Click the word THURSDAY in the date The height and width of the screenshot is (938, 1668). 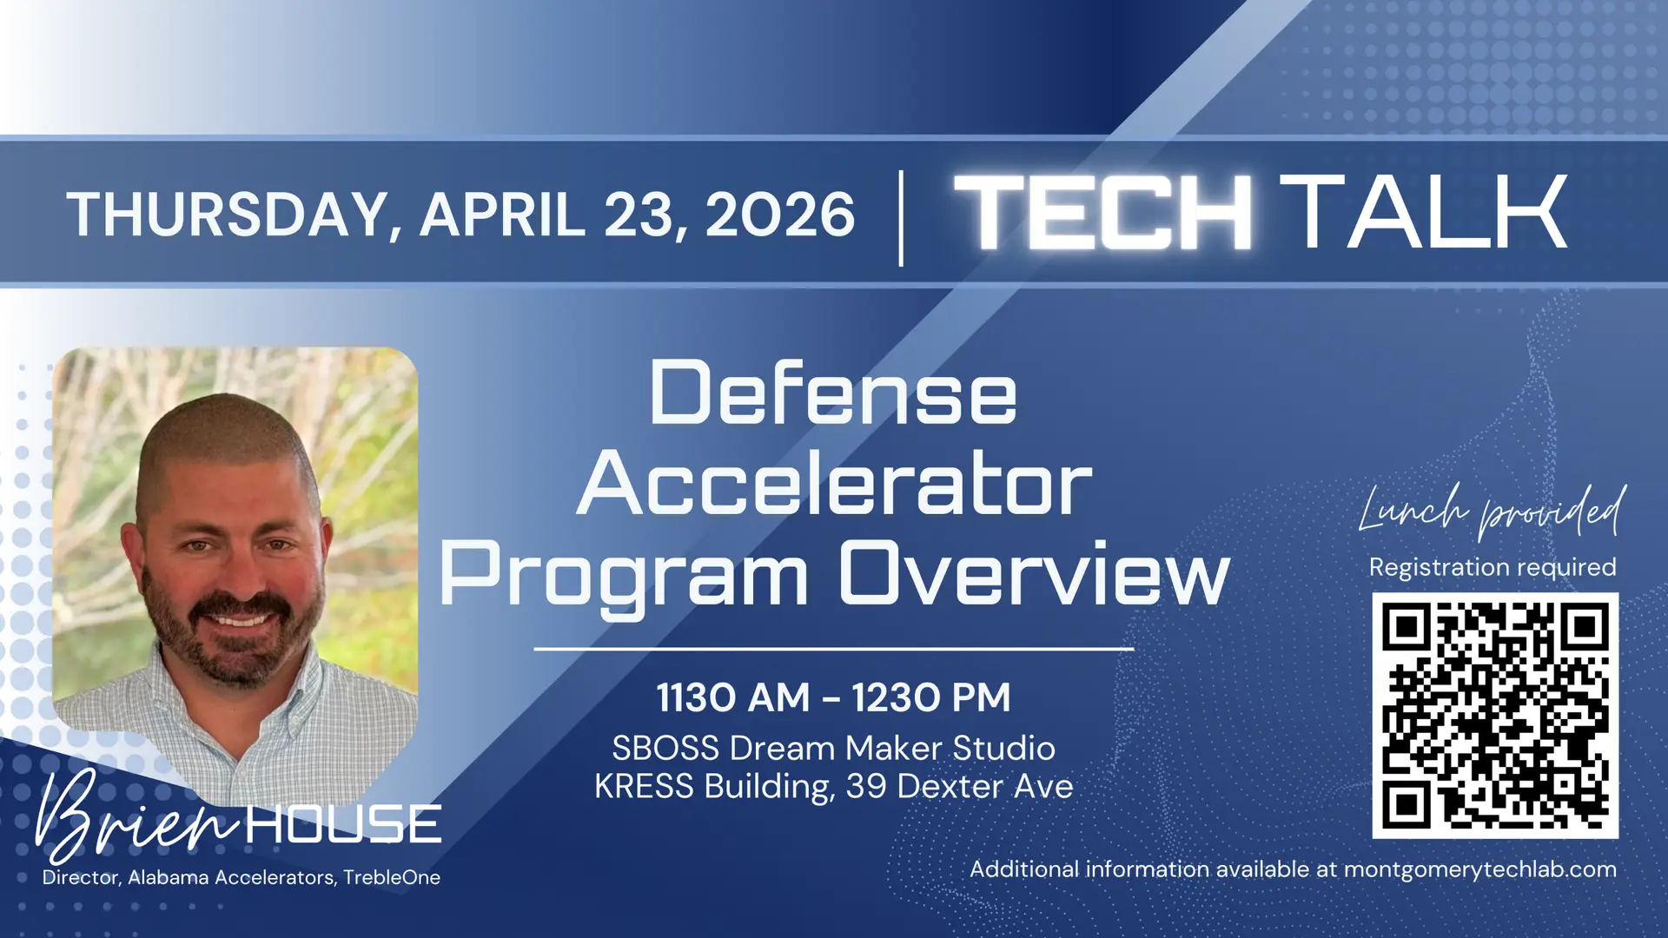click(228, 215)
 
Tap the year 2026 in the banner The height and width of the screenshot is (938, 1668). click(780, 214)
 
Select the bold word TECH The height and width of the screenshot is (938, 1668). click(1103, 212)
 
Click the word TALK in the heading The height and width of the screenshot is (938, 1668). click(1423, 212)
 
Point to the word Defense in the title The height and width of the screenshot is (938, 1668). click(832, 393)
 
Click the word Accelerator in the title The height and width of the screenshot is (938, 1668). click(834, 484)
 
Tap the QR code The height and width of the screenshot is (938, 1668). click(1495, 716)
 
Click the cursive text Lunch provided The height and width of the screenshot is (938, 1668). click(1492, 511)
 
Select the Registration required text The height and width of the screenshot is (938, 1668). click(1493, 567)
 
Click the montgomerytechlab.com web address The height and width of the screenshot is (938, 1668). click(1479, 869)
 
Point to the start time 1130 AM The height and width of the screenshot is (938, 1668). click(732, 697)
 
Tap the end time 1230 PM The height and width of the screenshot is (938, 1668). click(931, 697)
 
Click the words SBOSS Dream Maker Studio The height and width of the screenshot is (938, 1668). click(834, 748)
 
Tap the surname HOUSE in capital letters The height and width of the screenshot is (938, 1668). click(344, 823)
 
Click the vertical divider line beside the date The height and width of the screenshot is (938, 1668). click(901, 218)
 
